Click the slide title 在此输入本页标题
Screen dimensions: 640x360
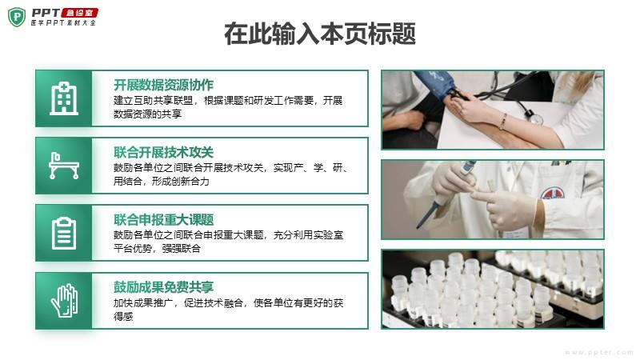click(x=320, y=34)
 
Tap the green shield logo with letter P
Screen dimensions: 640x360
click(x=17, y=17)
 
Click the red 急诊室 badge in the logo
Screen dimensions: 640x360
click(x=79, y=13)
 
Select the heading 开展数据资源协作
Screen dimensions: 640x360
click(x=163, y=85)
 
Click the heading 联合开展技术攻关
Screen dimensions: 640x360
click(x=163, y=152)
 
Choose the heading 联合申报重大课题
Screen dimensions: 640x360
click(x=163, y=219)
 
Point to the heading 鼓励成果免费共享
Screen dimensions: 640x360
click(x=163, y=287)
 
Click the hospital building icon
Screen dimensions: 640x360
click(x=64, y=98)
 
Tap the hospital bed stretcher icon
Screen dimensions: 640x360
click(x=64, y=166)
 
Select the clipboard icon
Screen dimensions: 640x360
click(x=64, y=233)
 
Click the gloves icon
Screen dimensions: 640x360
click(x=64, y=301)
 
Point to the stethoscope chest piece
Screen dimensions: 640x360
click(x=535, y=118)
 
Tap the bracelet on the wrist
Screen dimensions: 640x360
click(x=503, y=122)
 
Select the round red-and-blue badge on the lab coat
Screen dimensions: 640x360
click(x=553, y=193)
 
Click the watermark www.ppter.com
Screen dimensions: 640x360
click(x=598, y=352)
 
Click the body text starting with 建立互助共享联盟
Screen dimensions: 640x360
click(x=228, y=107)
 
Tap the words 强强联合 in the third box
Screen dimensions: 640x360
click(x=182, y=248)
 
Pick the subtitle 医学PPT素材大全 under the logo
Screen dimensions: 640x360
click(x=63, y=23)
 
